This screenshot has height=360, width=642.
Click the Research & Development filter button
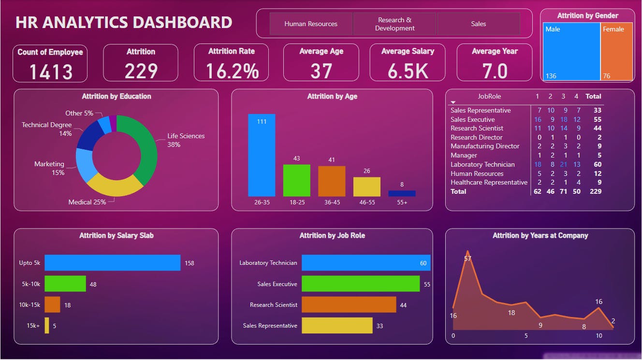click(394, 24)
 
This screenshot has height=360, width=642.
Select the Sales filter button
click(478, 24)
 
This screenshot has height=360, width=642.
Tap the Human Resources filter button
click(311, 24)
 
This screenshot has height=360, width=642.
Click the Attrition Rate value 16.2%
click(232, 71)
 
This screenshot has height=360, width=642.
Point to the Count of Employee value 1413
click(50, 72)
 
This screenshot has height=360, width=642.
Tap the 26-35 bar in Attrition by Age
click(262, 155)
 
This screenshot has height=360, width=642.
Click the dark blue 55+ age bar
click(402, 193)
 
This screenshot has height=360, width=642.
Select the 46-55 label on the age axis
click(367, 202)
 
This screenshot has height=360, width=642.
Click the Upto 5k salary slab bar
click(112, 263)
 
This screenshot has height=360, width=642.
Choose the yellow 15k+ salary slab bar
click(47, 325)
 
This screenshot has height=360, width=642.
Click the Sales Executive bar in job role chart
click(360, 284)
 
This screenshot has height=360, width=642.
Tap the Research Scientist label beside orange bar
click(273, 305)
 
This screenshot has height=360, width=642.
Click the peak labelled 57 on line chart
click(467, 252)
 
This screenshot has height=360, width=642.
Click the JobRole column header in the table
click(489, 96)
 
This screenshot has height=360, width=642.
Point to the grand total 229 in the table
click(595, 191)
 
